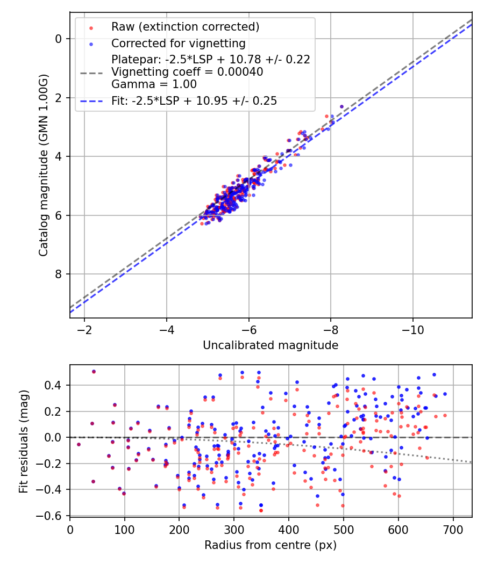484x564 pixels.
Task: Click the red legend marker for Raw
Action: [91, 28]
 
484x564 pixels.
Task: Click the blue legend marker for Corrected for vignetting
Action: [91, 44]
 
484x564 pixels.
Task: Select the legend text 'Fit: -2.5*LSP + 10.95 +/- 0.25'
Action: [194, 101]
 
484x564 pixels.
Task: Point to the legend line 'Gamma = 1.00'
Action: [154, 84]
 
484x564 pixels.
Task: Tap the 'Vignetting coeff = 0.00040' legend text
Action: [187, 72]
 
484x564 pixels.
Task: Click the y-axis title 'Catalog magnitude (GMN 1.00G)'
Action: [43, 165]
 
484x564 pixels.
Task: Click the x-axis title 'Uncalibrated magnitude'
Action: [271, 345]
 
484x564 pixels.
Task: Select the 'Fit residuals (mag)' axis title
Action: [24, 442]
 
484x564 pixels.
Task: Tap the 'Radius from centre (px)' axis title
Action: [271, 545]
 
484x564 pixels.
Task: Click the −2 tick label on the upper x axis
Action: [84, 330]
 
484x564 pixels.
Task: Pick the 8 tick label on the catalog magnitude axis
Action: [58, 274]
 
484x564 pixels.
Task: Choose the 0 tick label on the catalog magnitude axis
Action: [58, 39]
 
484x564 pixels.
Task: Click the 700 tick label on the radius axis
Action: [453, 530]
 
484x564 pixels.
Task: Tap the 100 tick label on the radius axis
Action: [125, 530]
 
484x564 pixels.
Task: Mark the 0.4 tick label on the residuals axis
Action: [53, 385]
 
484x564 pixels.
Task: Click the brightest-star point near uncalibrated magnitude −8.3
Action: [341, 106]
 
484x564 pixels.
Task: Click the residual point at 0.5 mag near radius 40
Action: [94, 372]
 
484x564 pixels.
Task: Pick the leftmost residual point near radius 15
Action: [79, 445]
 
